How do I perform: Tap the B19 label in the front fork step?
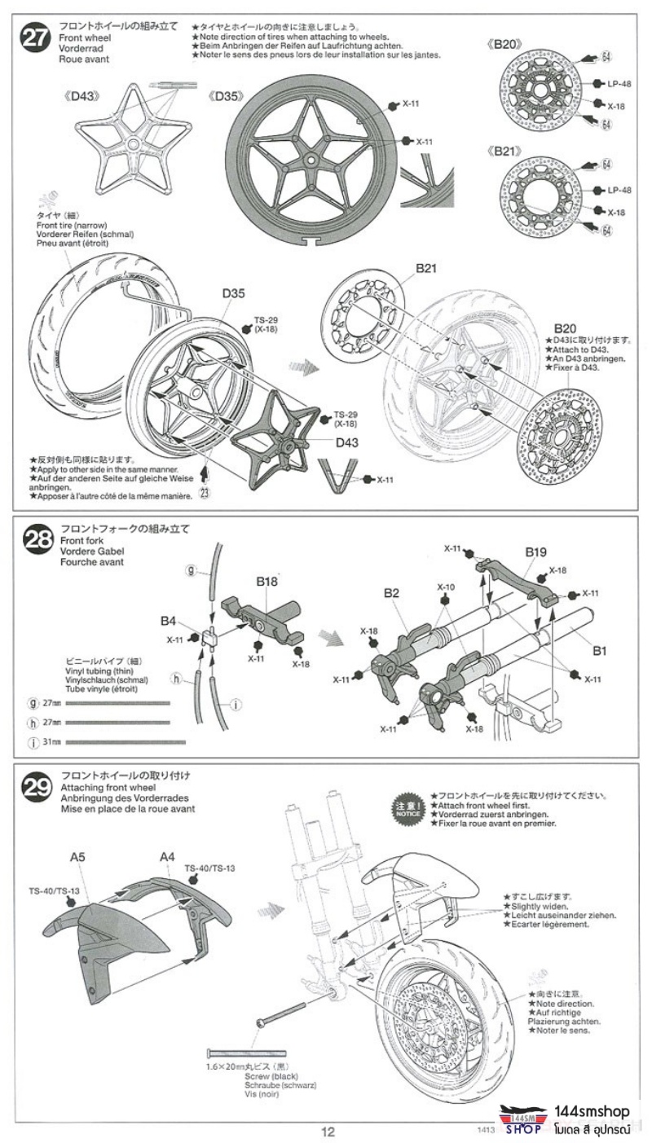coord(535,552)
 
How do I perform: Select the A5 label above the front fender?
coord(77,857)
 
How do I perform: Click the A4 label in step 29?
coord(167,856)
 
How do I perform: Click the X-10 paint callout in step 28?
coord(446,587)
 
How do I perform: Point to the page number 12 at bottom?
coord(327,1132)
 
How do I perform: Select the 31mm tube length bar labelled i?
coord(126,742)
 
